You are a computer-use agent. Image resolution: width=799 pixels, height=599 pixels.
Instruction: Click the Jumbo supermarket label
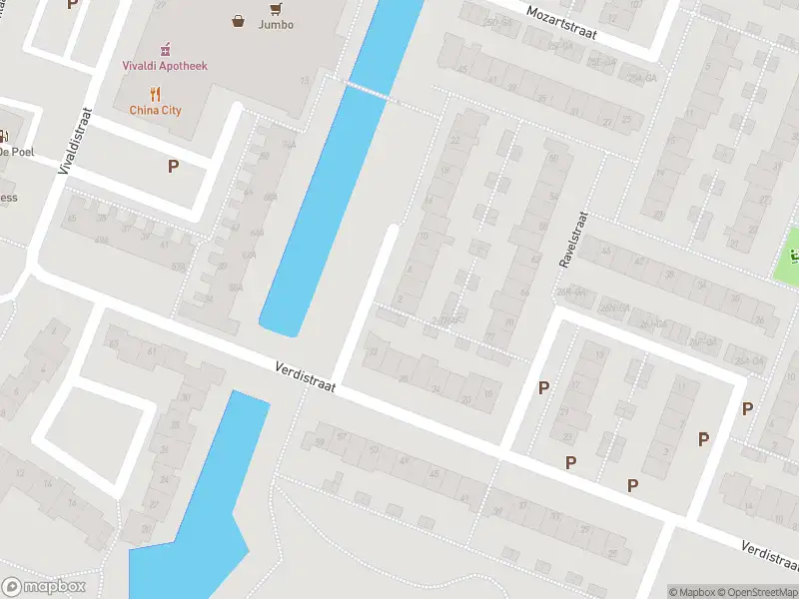tap(276, 24)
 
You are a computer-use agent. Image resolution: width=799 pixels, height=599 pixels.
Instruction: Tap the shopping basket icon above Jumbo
tap(239, 20)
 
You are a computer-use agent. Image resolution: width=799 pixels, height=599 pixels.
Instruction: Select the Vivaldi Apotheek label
tap(166, 66)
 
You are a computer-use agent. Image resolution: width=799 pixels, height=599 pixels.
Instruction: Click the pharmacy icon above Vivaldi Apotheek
tap(166, 47)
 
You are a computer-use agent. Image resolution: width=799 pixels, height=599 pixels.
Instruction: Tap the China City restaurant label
tap(155, 110)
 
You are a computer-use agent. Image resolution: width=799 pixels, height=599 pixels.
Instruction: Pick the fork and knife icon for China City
tap(156, 94)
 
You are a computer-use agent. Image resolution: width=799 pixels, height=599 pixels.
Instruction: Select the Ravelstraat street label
tap(576, 240)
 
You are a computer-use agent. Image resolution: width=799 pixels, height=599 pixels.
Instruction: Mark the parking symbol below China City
tap(173, 167)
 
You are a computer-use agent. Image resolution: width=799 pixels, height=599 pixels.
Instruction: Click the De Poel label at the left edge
tap(17, 152)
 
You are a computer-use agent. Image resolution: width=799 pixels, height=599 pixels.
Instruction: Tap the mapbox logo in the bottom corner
tap(44, 587)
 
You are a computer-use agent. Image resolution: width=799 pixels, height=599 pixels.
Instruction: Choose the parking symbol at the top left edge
tap(71, 5)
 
